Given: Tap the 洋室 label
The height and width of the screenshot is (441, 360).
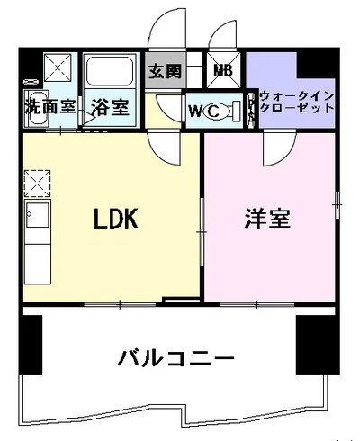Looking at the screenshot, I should tap(268, 219).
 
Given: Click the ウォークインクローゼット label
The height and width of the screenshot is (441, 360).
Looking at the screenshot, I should tap(296, 102).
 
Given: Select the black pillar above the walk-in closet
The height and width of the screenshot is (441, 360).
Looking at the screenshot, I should tap(314, 65).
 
